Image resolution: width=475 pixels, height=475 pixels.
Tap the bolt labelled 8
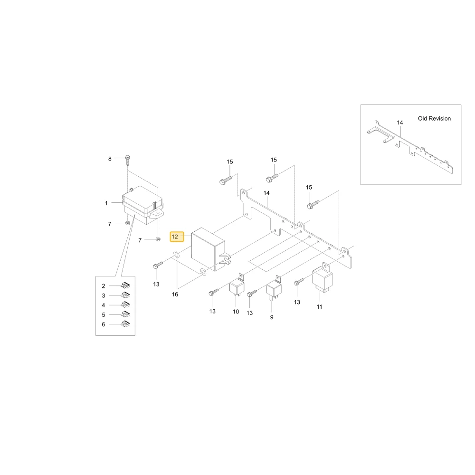(x=127, y=161)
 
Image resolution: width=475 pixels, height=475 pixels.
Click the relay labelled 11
(x=323, y=277)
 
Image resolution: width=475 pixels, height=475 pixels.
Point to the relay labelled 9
(x=274, y=287)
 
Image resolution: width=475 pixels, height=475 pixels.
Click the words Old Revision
(x=434, y=118)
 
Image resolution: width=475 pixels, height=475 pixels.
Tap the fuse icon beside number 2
(x=125, y=285)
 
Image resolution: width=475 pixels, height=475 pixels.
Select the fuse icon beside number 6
(x=125, y=324)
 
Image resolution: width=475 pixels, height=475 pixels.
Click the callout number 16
(x=175, y=294)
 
